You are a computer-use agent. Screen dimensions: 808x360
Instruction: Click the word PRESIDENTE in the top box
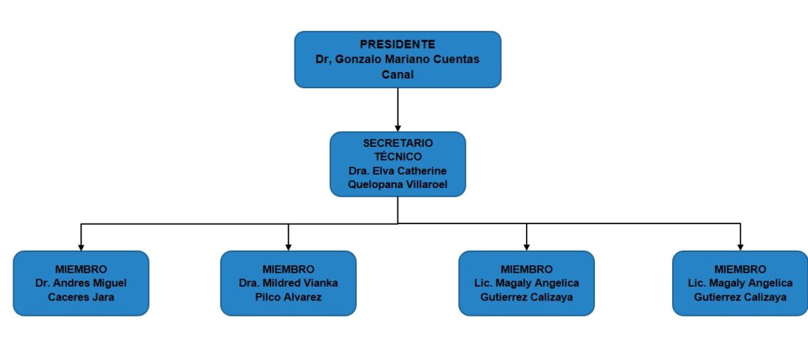coord(397,44)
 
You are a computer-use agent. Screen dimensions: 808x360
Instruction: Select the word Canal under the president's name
coord(397,74)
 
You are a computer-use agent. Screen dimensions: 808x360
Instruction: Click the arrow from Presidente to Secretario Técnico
coord(398,109)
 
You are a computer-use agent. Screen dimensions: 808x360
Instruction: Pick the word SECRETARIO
coord(398,143)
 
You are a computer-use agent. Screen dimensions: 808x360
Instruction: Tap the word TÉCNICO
coord(398,156)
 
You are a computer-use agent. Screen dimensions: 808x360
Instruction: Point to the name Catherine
coord(422,170)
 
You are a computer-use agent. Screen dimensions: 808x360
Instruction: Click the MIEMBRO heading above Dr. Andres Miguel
coord(81,269)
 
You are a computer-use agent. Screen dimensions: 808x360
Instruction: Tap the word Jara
coord(104,297)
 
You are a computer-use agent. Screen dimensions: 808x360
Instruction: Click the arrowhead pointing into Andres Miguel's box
coord(81,247)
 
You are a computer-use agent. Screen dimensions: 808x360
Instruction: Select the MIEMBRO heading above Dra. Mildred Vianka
coord(288,269)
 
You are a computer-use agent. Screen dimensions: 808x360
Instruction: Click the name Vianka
coord(321,283)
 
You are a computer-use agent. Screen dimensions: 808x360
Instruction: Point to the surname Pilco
coord(267,297)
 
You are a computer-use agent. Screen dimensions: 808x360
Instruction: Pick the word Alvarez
coord(301,297)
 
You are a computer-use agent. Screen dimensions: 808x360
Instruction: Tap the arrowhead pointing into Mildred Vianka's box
coord(288,247)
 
